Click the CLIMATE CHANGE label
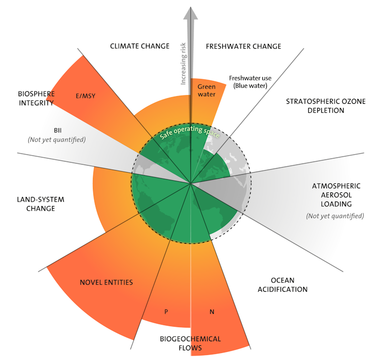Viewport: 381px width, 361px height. pyautogui.click(x=139, y=46)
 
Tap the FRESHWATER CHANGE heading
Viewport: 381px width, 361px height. pyautogui.click(x=243, y=46)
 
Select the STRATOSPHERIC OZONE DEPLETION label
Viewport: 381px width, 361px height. pyautogui.click(x=318, y=106)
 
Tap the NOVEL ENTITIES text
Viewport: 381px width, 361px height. pyautogui.click(x=106, y=282)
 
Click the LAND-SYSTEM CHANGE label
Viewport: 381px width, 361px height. pyautogui.click(x=40, y=204)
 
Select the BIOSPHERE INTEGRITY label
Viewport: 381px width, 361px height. pyautogui.click(x=35, y=98)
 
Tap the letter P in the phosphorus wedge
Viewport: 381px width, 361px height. pyautogui.click(x=166, y=311)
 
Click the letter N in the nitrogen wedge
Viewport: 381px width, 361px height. pyautogui.click(x=212, y=311)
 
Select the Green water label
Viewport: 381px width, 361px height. pyautogui.click(x=206, y=90)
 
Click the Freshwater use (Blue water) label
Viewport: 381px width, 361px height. pyautogui.click(x=250, y=82)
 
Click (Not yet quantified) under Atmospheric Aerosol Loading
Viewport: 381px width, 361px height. pyautogui.click(x=335, y=216)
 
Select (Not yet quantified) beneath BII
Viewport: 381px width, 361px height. pyautogui.click(x=58, y=139)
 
